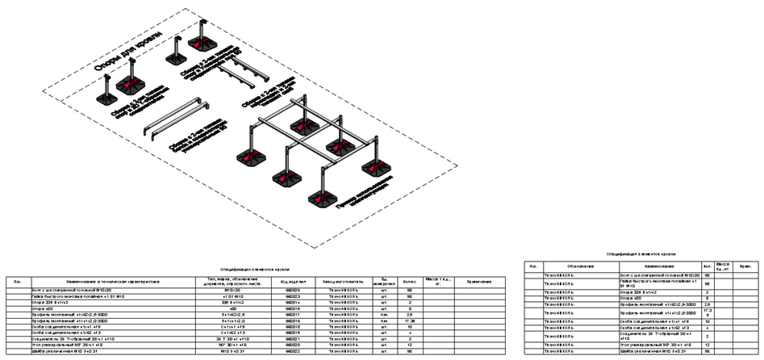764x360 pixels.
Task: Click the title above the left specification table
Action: tap(254, 269)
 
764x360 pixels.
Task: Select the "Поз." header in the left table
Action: tap(19, 281)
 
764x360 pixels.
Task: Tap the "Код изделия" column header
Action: tap(289, 281)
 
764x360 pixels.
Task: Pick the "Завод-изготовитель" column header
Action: tap(339, 281)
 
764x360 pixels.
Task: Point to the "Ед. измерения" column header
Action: tap(383, 281)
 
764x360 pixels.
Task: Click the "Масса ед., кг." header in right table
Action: tap(724, 266)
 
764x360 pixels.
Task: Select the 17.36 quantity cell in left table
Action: tap(409, 320)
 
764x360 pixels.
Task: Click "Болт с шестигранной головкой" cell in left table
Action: tap(73, 289)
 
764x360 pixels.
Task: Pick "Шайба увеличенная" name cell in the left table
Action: tap(73, 352)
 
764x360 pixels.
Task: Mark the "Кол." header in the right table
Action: tap(707, 266)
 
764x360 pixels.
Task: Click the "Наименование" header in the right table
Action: tap(650, 266)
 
